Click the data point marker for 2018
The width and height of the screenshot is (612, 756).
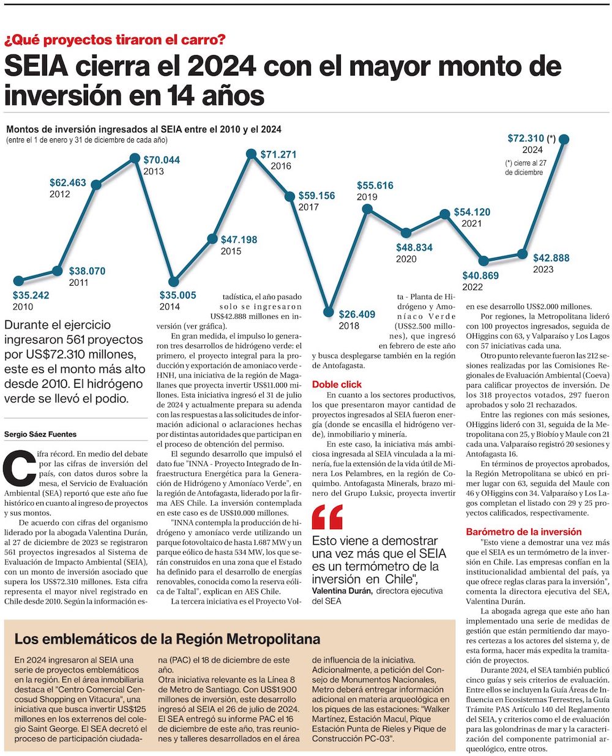pyautogui.click(x=329, y=313)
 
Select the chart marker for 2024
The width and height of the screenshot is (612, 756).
pyautogui.click(x=564, y=139)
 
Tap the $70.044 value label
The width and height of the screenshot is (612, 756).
pyautogui.click(x=162, y=160)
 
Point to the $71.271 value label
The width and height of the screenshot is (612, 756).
pyautogui.click(x=278, y=155)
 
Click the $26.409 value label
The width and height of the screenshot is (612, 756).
pyautogui.click(x=357, y=314)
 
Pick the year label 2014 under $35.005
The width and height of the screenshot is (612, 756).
pyautogui.click(x=170, y=306)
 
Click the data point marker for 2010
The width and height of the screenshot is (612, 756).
pyautogui.click(x=18, y=281)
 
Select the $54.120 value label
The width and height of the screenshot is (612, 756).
pyautogui.click(x=472, y=212)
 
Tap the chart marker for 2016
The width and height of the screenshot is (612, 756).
pyautogui.click(x=250, y=153)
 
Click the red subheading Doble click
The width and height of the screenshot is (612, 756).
pyautogui.click(x=337, y=385)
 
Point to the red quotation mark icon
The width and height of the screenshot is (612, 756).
pyautogui.click(x=327, y=517)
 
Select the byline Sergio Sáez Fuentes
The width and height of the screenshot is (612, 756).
pyautogui.click(x=40, y=434)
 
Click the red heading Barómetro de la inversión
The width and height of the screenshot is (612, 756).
pyautogui.click(x=523, y=532)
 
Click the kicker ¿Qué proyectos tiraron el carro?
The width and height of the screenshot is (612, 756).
pyautogui.click(x=115, y=40)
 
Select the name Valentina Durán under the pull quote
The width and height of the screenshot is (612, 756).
pyautogui.click(x=342, y=591)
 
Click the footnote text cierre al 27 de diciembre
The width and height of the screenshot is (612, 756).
pyautogui.click(x=526, y=168)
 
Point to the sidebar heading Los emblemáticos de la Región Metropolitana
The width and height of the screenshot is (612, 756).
pyautogui.click(x=167, y=640)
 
